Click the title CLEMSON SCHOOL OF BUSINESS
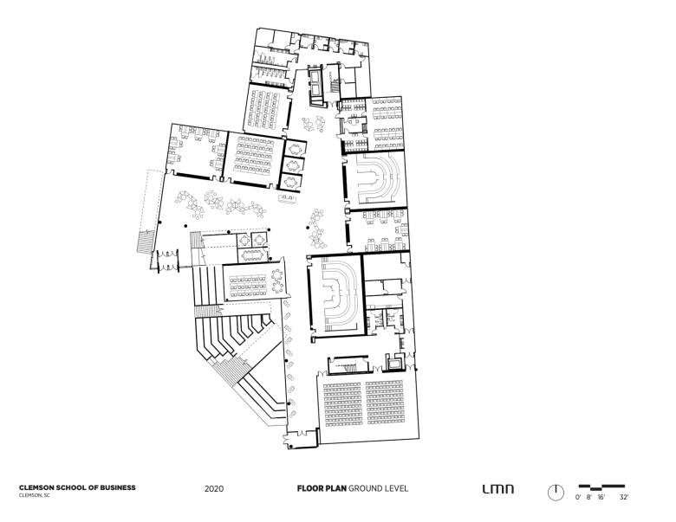pos(77,488)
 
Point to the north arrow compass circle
pos(556,492)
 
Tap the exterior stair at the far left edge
pos(146,242)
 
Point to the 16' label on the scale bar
pos(601,498)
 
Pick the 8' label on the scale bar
pos(589,498)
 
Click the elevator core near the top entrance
pos(318,84)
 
